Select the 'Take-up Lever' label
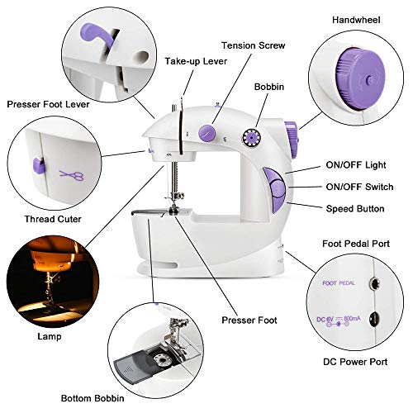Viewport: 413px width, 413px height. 195,61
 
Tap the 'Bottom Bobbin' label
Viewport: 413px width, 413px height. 46,400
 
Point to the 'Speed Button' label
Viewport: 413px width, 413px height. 354,209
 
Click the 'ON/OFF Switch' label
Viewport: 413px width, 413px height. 357,188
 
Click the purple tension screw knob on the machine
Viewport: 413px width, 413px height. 204,131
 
